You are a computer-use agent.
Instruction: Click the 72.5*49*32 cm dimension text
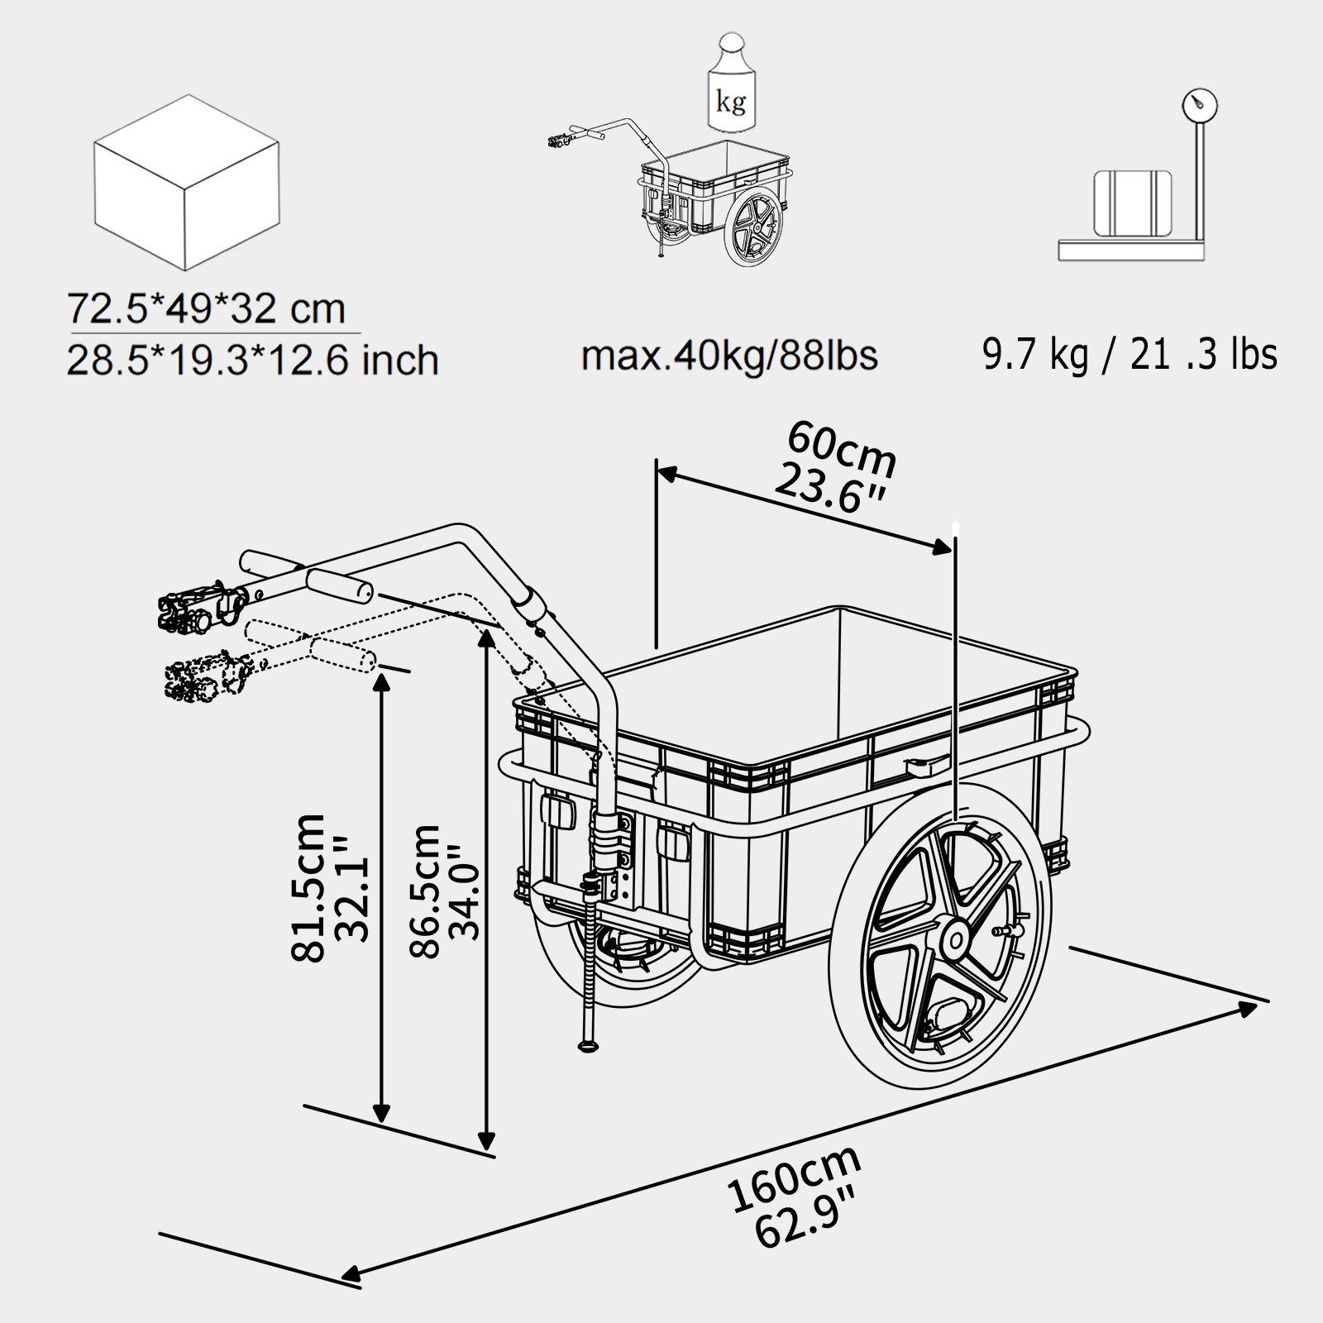click(x=206, y=309)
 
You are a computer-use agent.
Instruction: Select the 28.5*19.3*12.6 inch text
click(x=252, y=361)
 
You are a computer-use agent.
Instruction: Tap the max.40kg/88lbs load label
click(x=729, y=356)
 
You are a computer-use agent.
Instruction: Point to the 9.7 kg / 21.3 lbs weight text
click(x=1130, y=354)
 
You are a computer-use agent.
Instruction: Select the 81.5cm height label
click(x=309, y=886)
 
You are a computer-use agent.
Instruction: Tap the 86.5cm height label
click(x=426, y=891)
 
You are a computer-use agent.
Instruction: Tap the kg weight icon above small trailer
click(x=729, y=83)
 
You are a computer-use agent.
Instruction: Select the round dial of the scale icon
click(x=1198, y=106)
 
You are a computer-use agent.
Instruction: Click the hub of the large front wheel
click(x=956, y=939)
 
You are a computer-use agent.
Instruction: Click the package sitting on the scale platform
click(x=1131, y=202)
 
